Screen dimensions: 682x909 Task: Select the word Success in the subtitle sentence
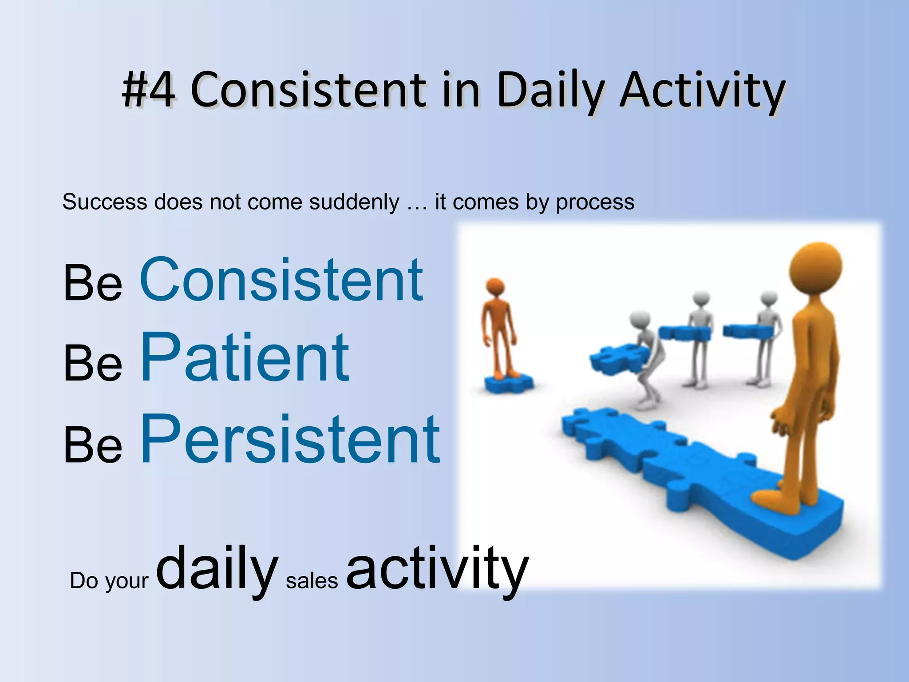105,202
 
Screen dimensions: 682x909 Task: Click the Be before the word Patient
92,363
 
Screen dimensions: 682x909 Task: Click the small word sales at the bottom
312,581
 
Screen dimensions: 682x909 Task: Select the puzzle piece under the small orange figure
508,383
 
